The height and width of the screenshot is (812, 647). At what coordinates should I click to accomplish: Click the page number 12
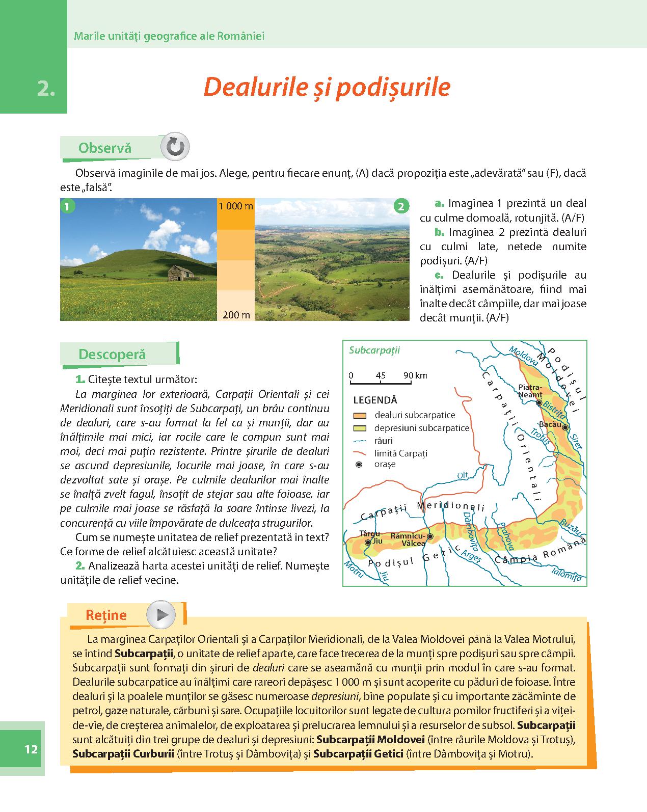(31, 749)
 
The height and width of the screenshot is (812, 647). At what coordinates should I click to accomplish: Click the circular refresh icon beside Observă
(175, 147)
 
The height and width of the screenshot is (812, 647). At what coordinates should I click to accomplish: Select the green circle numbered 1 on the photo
(67, 206)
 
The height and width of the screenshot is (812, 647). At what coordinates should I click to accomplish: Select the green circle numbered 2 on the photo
(401, 206)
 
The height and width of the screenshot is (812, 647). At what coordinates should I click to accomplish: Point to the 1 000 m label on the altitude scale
(236, 206)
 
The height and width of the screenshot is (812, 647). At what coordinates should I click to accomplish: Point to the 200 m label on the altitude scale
(236, 315)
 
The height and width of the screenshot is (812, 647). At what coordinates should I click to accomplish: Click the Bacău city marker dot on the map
(565, 427)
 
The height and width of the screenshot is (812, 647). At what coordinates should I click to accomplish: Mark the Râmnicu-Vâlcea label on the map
(408, 539)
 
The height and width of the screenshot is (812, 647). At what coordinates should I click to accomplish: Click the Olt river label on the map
(462, 475)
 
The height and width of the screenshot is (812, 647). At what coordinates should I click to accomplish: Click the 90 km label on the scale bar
(415, 375)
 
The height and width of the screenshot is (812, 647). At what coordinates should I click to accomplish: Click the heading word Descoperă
(112, 355)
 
